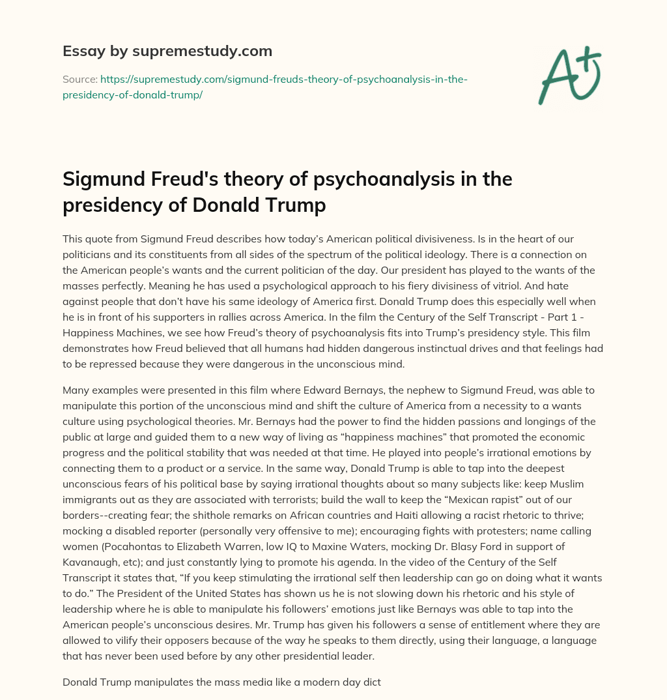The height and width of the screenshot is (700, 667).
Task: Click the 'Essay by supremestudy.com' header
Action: point(167,51)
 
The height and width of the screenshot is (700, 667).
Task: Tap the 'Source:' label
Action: point(79,80)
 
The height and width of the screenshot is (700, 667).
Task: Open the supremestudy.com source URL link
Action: point(264,87)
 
